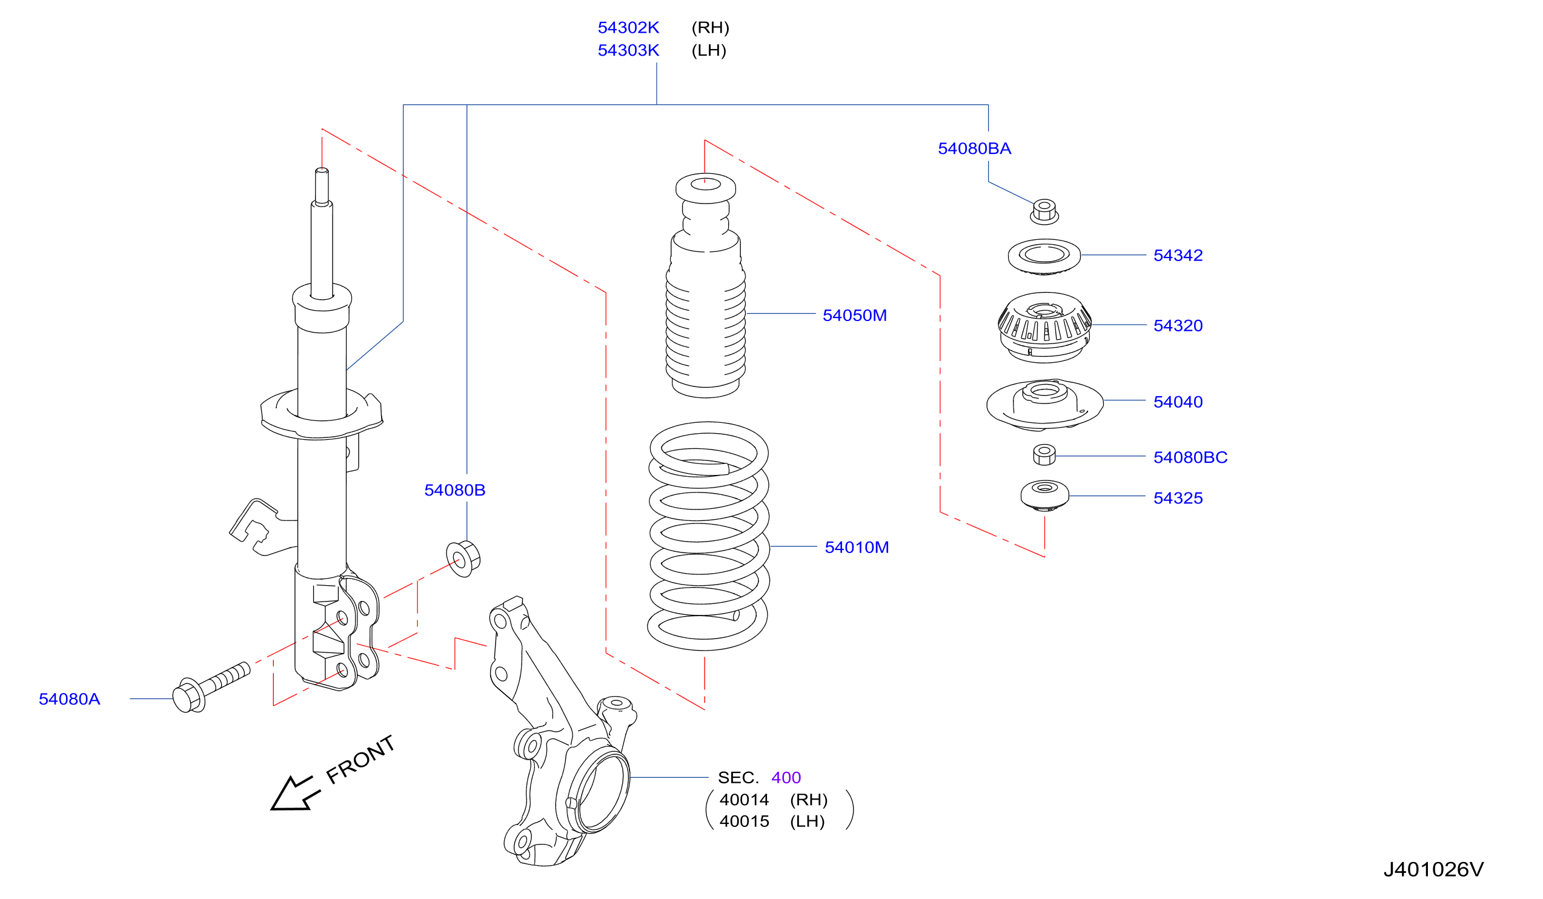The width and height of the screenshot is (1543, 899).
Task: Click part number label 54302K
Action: click(x=628, y=27)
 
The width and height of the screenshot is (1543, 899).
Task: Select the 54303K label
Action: click(x=628, y=50)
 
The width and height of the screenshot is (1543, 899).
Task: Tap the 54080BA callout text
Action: click(x=974, y=148)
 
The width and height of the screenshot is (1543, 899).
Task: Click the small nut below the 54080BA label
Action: click(x=1044, y=212)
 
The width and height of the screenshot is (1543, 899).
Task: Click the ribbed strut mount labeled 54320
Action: click(x=1044, y=328)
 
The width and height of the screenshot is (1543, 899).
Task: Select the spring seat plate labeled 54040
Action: click(x=1044, y=405)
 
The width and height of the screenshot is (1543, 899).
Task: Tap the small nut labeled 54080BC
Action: click(x=1044, y=455)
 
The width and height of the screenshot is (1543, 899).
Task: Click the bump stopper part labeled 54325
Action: click(x=1044, y=496)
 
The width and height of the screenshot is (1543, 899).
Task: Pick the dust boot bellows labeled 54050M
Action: click(x=705, y=285)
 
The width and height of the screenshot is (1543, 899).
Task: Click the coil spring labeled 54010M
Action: click(x=708, y=536)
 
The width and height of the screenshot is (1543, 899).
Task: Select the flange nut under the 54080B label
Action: click(x=463, y=559)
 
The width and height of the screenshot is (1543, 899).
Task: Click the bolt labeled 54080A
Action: click(x=211, y=687)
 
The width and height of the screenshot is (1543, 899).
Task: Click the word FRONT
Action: click(x=360, y=760)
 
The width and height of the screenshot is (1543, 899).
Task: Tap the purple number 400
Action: click(x=786, y=778)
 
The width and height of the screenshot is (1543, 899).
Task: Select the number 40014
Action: click(x=744, y=800)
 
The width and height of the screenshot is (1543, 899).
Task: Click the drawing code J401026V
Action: click(x=1433, y=869)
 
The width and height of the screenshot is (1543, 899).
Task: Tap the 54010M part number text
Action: click(x=857, y=548)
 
